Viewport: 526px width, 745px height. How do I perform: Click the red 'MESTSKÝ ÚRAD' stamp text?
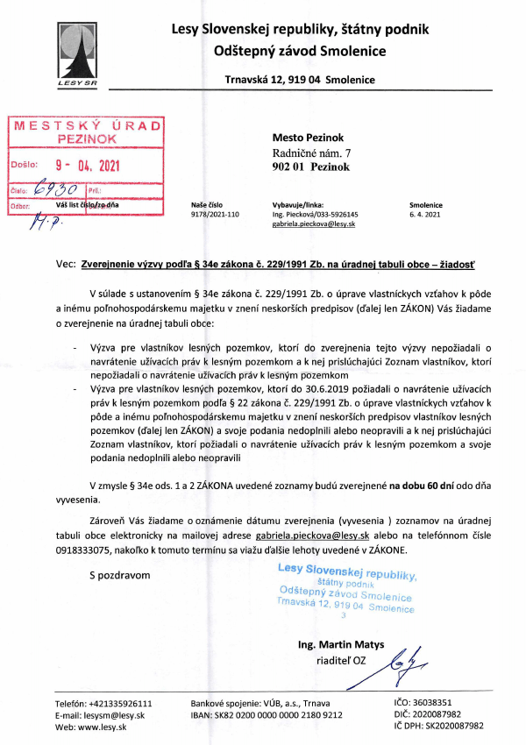86,125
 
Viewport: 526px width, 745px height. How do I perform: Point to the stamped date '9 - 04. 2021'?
85,164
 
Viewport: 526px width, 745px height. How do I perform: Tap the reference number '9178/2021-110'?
215,213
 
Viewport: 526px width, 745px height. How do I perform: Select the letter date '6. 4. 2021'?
426,213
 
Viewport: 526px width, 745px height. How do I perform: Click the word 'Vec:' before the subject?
65,262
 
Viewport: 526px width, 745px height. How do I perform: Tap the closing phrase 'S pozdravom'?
120,575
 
